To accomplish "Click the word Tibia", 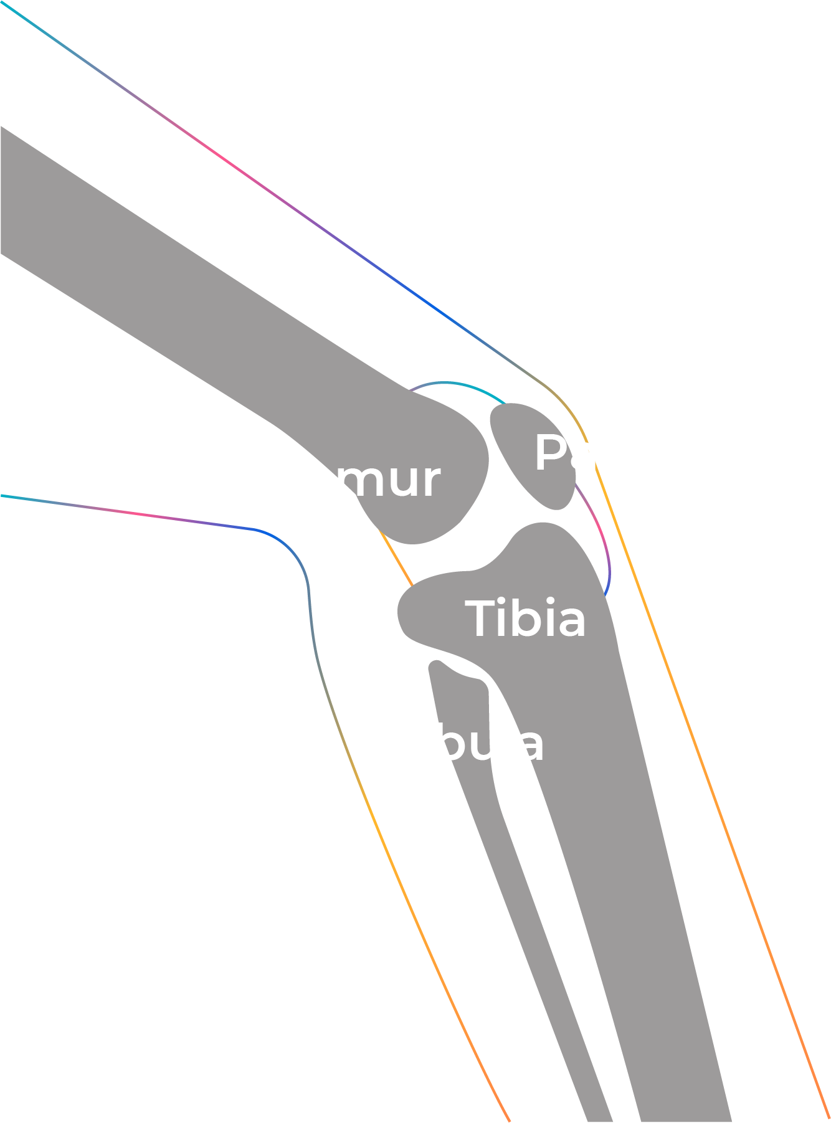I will tap(526, 618).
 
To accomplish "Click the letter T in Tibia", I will tap(483, 618).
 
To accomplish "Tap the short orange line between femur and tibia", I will tap(396, 557).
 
